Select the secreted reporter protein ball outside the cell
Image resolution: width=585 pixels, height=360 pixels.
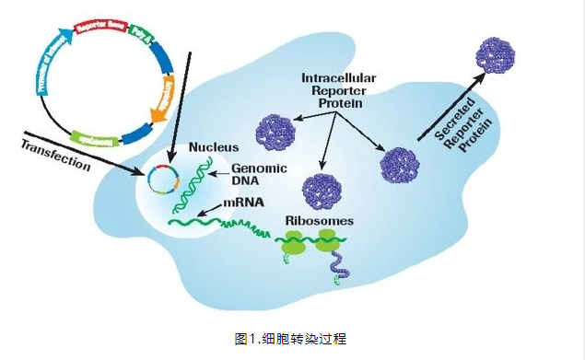point(497,55)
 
